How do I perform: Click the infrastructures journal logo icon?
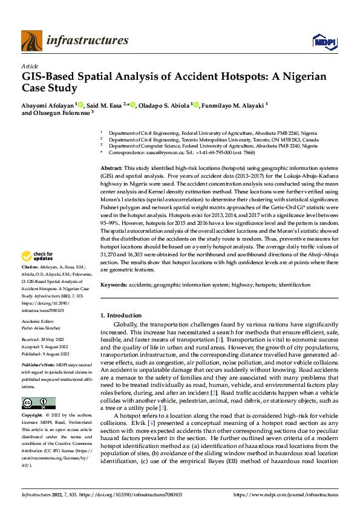pyautogui.click(x=31, y=41)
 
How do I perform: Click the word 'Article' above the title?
pyautogui.click(x=30, y=66)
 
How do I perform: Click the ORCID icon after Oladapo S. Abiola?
pyautogui.click(x=197, y=105)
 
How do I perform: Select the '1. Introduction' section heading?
pyautogui.click(x=120, y=315)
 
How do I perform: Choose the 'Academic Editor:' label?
pyautogui.click(x=39, y=322)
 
